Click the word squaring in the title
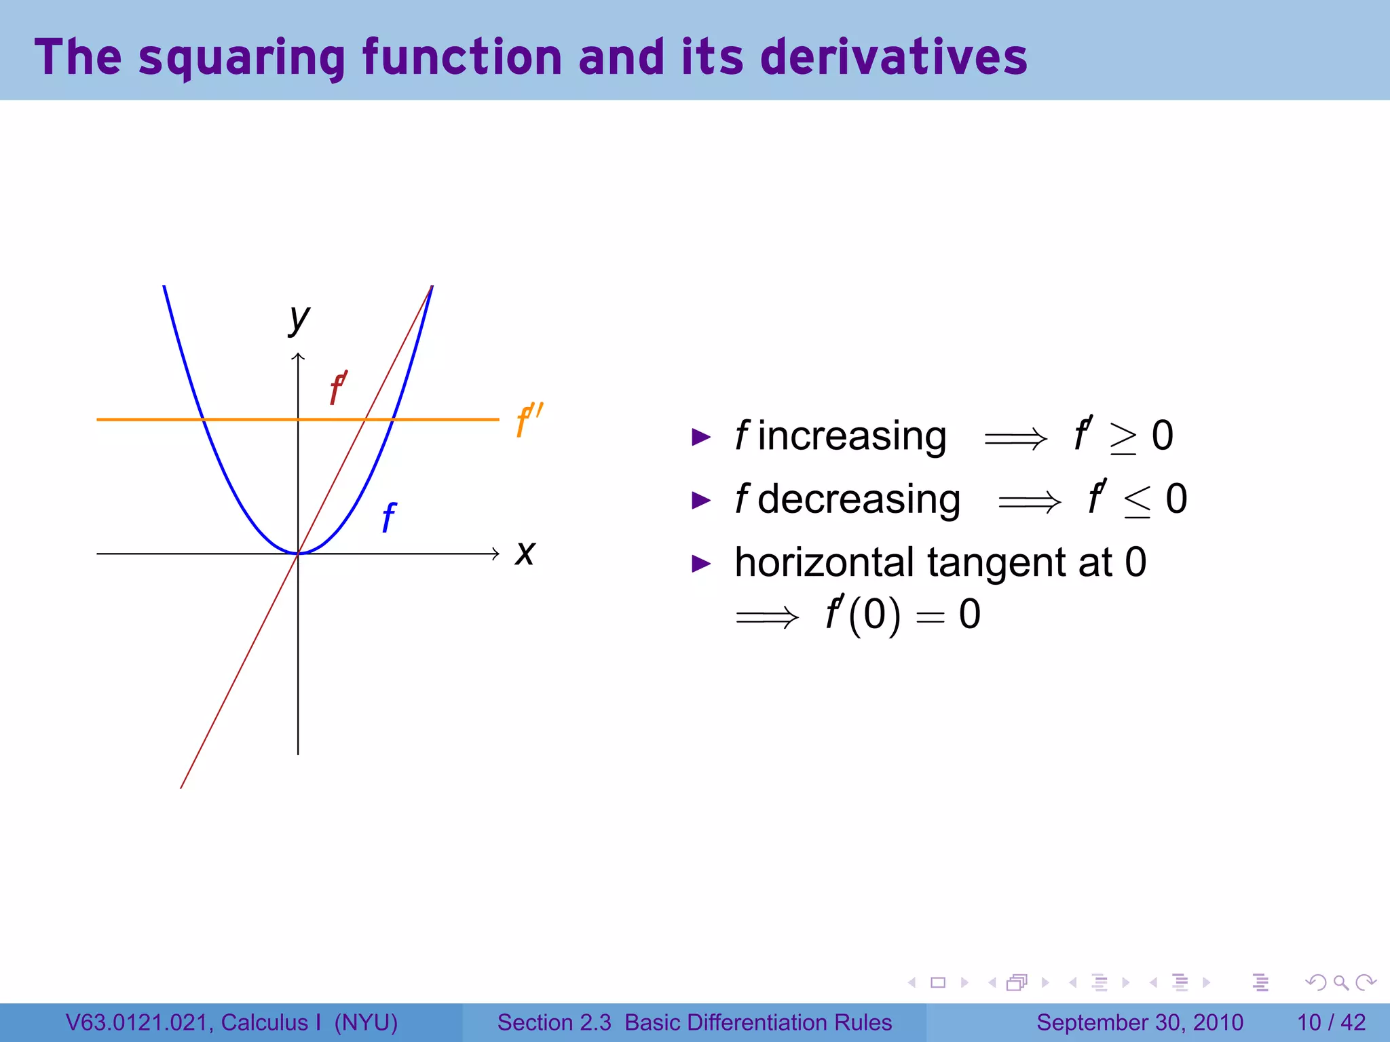tap(242, 58)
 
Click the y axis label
tap(299, 319)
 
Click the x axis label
tap(525, 553)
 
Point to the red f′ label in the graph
tap(338, 388)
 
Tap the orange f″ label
tap(529, 420)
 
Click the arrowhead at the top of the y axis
tap(298, 356)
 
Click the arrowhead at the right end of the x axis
tap(496, 554)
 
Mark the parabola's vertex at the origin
tap(298, 554)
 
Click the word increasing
tap(851, 436)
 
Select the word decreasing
tap(858, 500)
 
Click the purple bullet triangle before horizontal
tap(700, 564)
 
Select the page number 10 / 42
tap(1331, 1022)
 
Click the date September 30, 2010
tap(1140, 1022)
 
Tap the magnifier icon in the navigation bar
tap(1340, 982)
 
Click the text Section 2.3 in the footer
tap(554, 1022)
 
